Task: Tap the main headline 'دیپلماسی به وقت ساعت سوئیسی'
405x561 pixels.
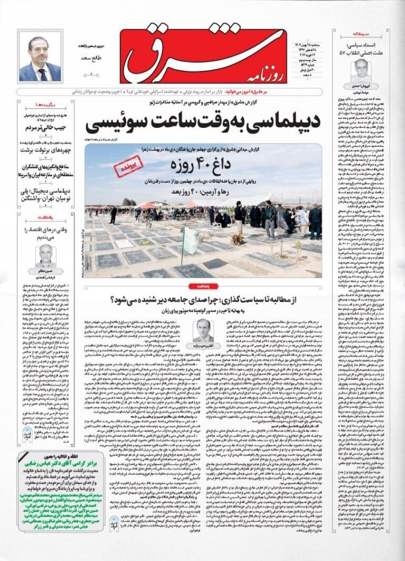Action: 209,124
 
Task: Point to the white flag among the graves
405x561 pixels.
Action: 190,239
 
